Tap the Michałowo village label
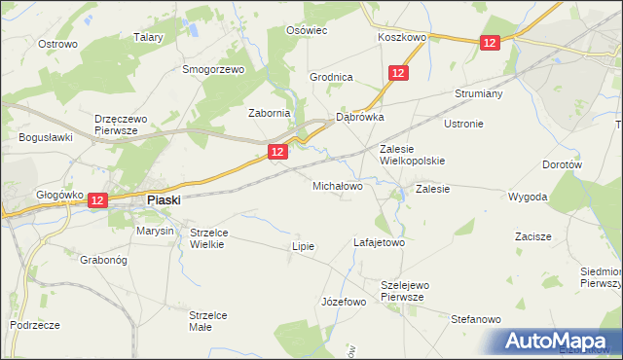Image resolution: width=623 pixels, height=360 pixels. [x=337, y=185]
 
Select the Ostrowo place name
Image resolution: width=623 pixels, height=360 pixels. [x=57, y=44]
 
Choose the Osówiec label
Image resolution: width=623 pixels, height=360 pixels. [x=306, y=30]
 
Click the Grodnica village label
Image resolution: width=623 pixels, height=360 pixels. [x=331, y=77]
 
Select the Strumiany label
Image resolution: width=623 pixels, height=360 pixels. [x=477, y=94]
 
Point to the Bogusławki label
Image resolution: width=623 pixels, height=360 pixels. [x=46, y=137]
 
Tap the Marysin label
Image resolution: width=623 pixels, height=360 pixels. [x=155, y=232]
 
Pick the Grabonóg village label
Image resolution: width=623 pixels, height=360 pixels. [x=106, y=261]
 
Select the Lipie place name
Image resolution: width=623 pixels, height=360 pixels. [x=304, y=246]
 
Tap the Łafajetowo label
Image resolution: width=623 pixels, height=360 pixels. [x=379, y=242]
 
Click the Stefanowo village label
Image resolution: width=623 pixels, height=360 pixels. [x=475, y=319]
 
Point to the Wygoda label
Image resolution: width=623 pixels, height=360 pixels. [x=528, y=197]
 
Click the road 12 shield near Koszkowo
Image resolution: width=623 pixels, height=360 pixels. [x=489, y=42]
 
